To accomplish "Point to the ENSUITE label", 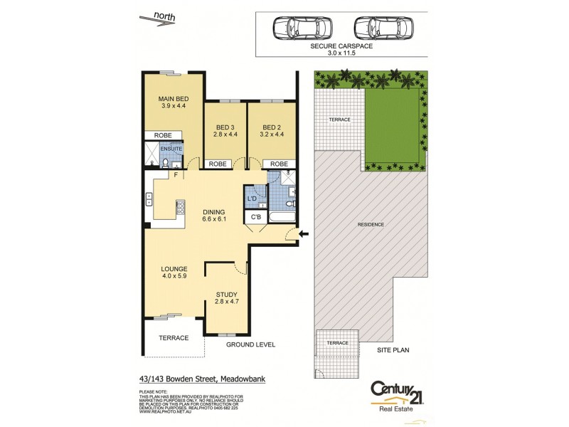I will point(171,149).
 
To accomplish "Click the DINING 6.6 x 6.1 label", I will point(213,216).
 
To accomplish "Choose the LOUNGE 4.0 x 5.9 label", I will point(174,273).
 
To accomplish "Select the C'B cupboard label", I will point(254,217).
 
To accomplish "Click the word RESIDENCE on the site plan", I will point(371,225).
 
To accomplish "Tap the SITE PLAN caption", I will point(393,350).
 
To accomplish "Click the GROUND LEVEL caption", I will point(250,344).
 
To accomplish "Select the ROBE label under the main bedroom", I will point(163,135).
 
